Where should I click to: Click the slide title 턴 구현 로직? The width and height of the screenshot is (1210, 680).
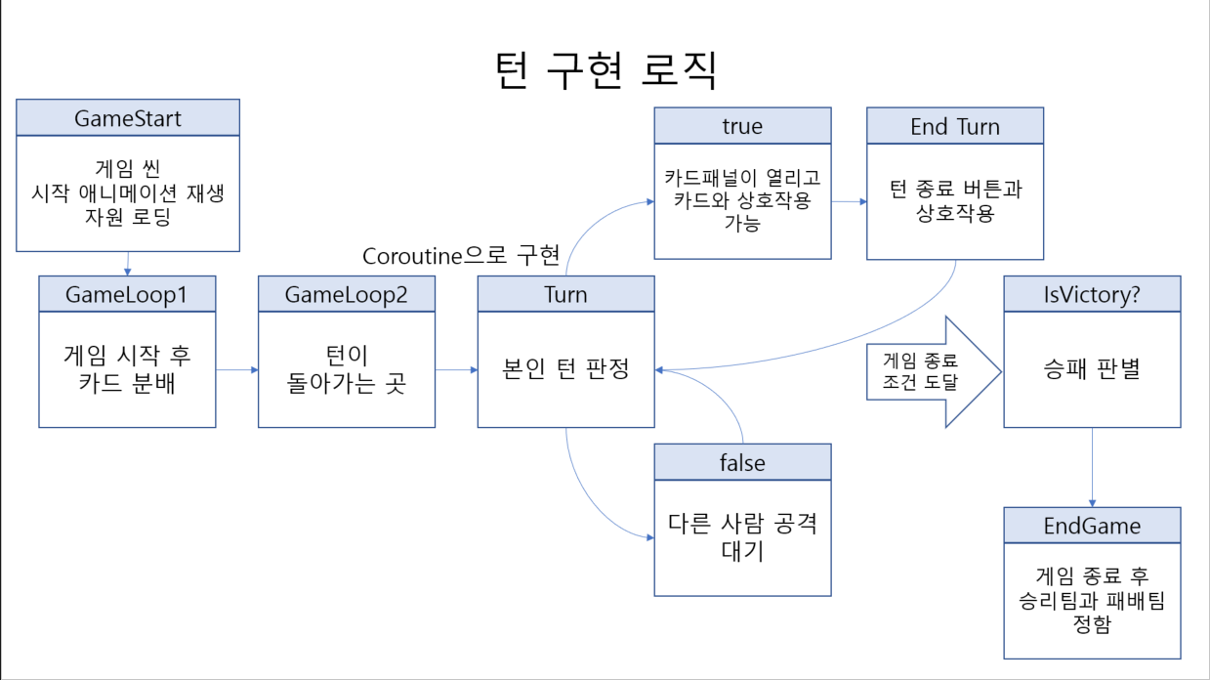click(605, 68)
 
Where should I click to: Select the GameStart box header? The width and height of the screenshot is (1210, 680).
click(128, 118)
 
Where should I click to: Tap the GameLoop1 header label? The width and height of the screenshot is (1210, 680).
click(127, 294)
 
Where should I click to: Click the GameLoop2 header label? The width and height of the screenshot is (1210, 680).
click(347, 294)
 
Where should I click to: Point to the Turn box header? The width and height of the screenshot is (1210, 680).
click(565, 294)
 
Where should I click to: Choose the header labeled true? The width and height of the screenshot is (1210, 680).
click(742, 126)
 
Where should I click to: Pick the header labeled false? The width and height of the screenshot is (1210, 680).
click(742, 462)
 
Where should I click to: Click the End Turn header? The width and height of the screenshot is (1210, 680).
click(954, 126)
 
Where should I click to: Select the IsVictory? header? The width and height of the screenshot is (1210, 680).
click(1092, 294)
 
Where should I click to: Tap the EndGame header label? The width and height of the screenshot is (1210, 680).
click(1092, 526)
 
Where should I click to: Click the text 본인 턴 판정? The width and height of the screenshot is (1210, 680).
click(565, 370)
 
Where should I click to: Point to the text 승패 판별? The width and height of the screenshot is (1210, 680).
click(1092, 370)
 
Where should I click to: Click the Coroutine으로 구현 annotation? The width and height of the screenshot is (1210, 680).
click(461, 256)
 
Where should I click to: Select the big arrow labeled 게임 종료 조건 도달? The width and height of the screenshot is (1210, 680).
click(933, 371)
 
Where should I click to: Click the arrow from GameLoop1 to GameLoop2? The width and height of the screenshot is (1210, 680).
click(237, 370)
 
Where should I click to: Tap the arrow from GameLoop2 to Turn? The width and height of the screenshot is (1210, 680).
click(456, 370)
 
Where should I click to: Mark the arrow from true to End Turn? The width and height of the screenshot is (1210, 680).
click(849, 202)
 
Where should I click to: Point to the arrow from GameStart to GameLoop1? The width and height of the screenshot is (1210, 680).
click(128, 263)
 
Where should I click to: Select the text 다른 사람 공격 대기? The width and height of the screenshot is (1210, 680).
click(742, 535)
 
